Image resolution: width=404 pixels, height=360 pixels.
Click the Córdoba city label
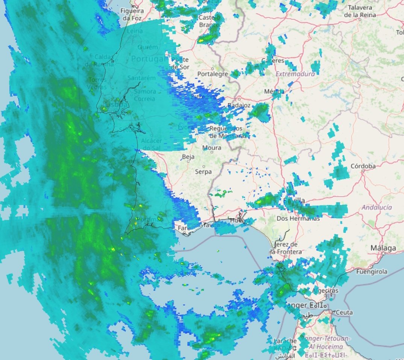pyautogui.click(x=363, y=166)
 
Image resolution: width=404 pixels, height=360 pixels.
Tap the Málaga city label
pyautogui.click(x=383, y=248)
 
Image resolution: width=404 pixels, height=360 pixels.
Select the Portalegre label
pyautogui.click(x=213, y=74)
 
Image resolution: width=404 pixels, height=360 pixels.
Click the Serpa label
pyautogui.click(x=203, y=172)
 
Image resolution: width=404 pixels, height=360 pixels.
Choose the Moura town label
pyautogui.click(x=211, y=148)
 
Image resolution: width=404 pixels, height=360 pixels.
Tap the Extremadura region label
pyautogui.click(x=295, y=74)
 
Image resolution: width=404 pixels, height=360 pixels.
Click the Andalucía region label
pyautogui.click(x=377, y=207)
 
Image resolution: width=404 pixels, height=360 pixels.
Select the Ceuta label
pyautogui.click(x=344, y=313)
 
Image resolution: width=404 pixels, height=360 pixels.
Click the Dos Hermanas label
pyautogui.click(x=298, y=218)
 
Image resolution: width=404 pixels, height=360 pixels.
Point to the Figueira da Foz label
pyautogui.click(x=132, y=14)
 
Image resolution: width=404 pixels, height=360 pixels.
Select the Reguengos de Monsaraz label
pyautogui.click(x=226, y=132)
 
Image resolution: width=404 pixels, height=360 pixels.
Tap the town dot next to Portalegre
pyautogui.click(x=213, y=69)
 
